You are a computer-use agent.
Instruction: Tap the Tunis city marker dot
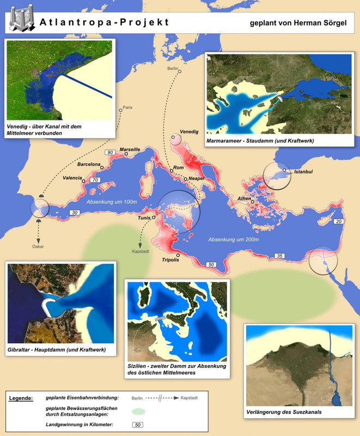click(154, 217)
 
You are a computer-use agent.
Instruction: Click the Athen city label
click(244, 198)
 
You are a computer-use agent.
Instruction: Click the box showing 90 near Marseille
click(109, 152)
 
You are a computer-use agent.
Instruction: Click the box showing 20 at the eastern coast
click(339, 221)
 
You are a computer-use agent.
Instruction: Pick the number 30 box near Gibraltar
click(74, 213)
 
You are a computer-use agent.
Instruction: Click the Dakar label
click(37, 246)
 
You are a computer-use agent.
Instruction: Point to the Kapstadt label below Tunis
click(140, 252)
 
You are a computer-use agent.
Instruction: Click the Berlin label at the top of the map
click(173, 70)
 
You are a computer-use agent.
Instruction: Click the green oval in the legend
click(138, 410)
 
